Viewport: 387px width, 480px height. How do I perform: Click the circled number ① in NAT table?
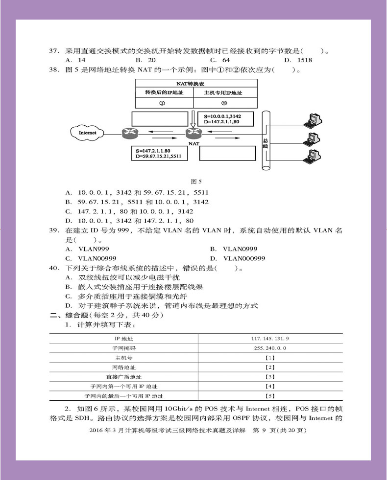click(162, 103)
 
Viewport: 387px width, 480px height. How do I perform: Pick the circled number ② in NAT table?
click(223, 103)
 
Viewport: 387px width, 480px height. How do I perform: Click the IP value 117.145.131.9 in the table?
click(269, 338)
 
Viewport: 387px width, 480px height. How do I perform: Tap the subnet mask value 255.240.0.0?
click(269, 348)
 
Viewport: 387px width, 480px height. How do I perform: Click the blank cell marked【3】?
click(269, 377)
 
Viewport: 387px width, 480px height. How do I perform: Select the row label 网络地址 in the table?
click(124, 367)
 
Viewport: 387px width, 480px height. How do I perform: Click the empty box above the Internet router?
click(160, 118)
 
